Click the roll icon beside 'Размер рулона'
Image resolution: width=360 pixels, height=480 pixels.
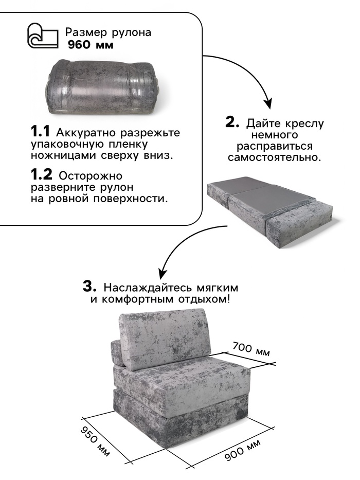click(x=43, y=36)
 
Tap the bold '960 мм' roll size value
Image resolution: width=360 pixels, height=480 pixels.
click(x=91, y=45)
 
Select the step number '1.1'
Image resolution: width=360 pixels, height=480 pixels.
click(x=40, y=132)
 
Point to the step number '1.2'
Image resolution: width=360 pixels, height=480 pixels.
click(x=41, y=175)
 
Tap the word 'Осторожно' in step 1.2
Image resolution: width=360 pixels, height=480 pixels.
click(x=91, y=176)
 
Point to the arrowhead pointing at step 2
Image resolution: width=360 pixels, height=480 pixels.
click(x=268, y=103)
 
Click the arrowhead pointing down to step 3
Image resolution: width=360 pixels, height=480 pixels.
click(x=163, y=272)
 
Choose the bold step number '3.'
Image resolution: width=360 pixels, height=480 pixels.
click(x=89, y=287)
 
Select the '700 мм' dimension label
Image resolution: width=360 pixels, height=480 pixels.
click(x=251, y=349)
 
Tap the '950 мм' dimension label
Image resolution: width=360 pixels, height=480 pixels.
click(x=95, y=441)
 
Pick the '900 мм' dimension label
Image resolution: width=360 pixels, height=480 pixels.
click(x=243, y=450)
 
